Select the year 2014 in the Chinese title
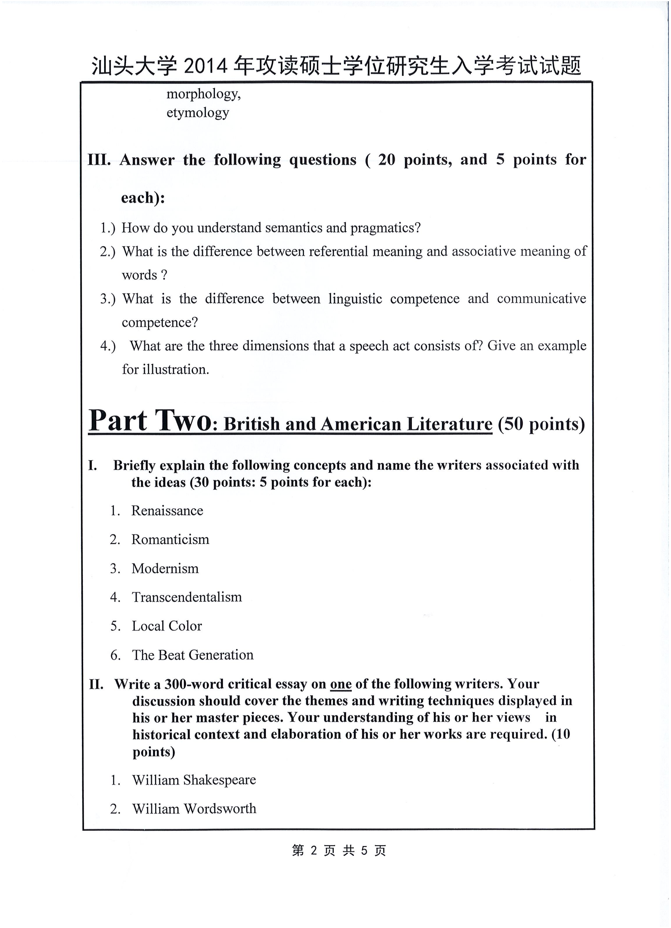click(205, 66)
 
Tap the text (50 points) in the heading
click(541, 424)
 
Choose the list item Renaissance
click(167, 511)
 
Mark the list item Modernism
click(165, 569)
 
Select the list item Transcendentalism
click(187, 597)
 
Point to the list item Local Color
click(167, 626)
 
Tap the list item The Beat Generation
click(192, 655)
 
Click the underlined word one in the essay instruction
click(341, 684)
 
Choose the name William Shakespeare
click(194, 780)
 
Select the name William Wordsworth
click(194, 809)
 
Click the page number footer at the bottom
click(339, 851)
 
